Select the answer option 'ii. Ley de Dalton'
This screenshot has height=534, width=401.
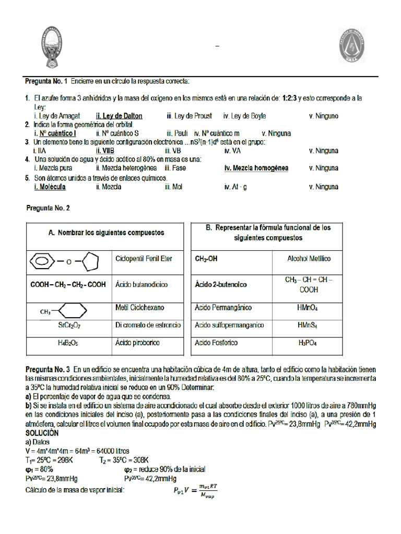[x=119, y=116]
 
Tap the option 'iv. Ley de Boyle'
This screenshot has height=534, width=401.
[x=244, y=116]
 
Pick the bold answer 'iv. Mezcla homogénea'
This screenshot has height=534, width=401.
[x=256, y=168]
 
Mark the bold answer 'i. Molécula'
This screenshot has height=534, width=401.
[x=50, y=186]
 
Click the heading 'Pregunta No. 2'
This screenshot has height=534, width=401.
[x=48, y=208]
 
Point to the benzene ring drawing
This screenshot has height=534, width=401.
[x=41, y=259]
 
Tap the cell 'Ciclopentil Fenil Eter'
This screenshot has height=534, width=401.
[x=143, y=259]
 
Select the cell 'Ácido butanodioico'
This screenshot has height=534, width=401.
[x=141, y=285]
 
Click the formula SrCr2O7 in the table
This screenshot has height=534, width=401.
[x=69, y=325]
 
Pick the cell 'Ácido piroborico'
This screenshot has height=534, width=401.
[x=137, y=343]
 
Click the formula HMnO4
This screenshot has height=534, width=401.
[x=308, y=308]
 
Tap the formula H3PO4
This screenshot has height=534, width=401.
[x=308, y=343]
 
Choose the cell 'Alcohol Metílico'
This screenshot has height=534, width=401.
[x=309, y=259]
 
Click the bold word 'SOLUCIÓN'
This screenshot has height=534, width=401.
[x=42, y=433]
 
